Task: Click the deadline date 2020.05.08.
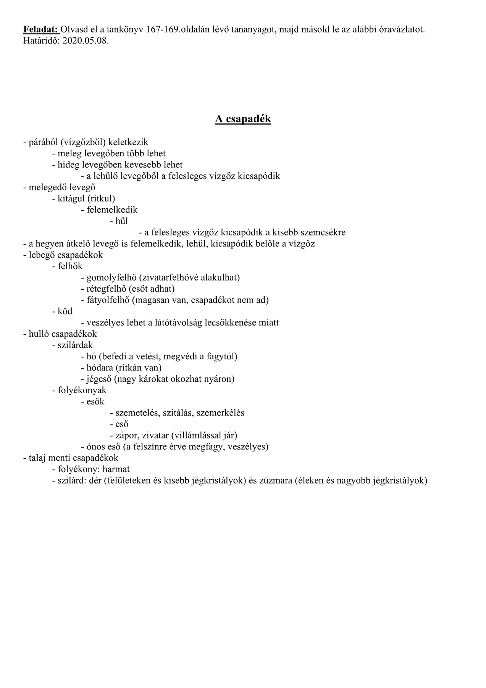85,41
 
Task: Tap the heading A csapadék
243,119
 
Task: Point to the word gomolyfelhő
108,277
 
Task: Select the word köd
65,311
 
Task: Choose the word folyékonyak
82,390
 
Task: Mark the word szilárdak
75,345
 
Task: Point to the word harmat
116,469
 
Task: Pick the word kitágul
71,198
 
